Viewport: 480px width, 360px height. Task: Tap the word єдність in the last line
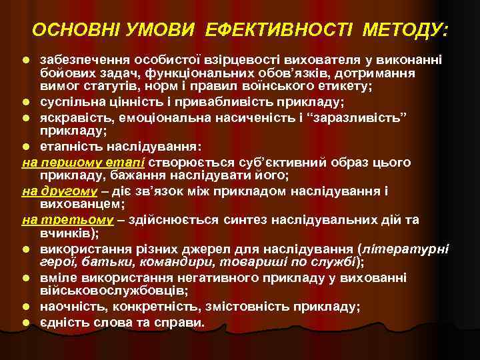pos(66,323)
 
